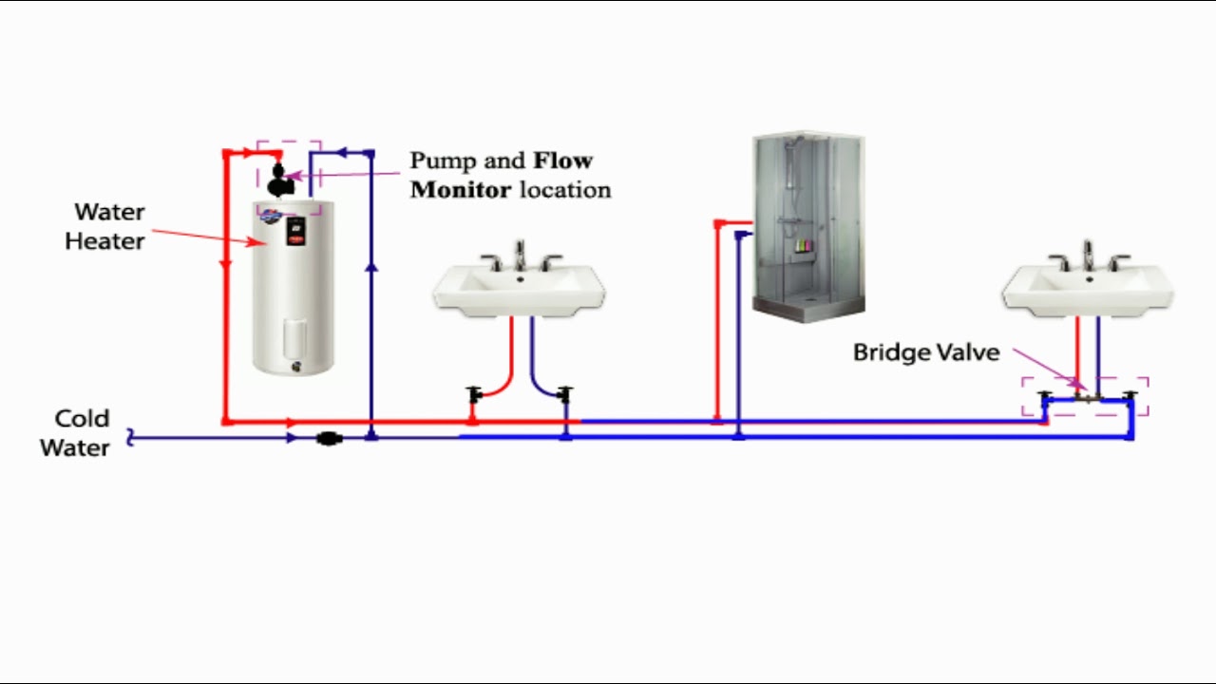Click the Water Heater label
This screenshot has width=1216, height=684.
coord(104,226)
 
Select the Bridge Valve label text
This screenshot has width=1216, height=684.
coord(926,352)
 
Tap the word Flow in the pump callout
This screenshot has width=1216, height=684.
coord(562,161)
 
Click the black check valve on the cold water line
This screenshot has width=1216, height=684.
coord(329,438)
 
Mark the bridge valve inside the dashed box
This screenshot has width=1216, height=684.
coord(1084,395)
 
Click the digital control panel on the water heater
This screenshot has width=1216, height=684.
coord(295,230)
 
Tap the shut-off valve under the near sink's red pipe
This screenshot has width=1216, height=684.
coord(474,393)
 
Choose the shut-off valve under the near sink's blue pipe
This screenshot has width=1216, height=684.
coord(564,393)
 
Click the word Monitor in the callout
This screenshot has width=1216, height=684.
coord(461,189)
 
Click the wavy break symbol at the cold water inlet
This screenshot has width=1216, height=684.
coord(131,438)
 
